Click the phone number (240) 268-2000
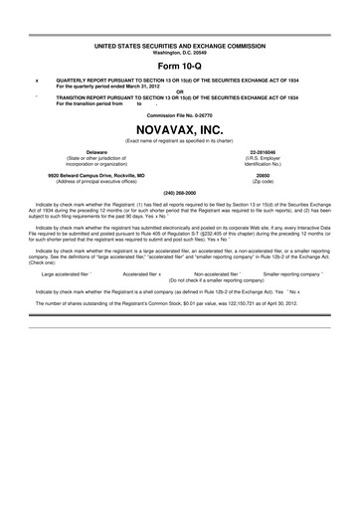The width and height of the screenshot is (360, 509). point(179,192)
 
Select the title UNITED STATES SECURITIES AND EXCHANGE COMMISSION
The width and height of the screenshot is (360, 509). point(179,45)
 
